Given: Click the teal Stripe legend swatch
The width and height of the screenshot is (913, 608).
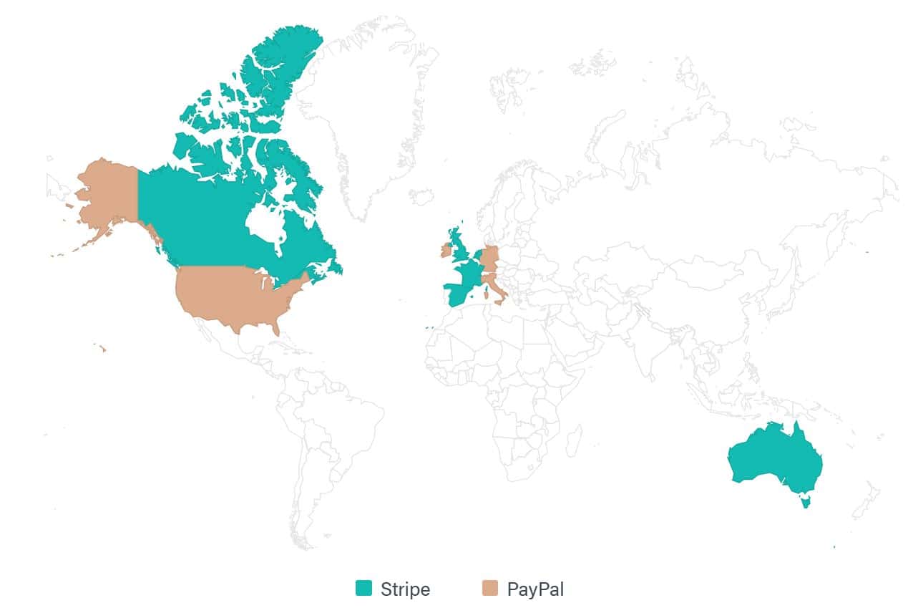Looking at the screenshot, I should click(x=364, y=589).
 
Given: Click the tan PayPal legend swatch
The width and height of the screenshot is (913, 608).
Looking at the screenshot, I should click(x=490, y=589).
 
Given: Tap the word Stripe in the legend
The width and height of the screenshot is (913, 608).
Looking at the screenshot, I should click(x=406, y=589).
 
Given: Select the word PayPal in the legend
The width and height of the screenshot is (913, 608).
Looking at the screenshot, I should click(x=536, y=589).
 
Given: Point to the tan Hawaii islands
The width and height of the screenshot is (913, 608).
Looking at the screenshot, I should click(x=102, y=349).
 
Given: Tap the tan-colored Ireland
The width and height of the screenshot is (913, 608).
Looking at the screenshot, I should click(x=446, y=250).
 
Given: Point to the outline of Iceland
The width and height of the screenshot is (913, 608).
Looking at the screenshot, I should click(x=421, y=196).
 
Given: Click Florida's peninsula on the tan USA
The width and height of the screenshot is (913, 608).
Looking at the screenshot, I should click(x=275, y=327).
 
